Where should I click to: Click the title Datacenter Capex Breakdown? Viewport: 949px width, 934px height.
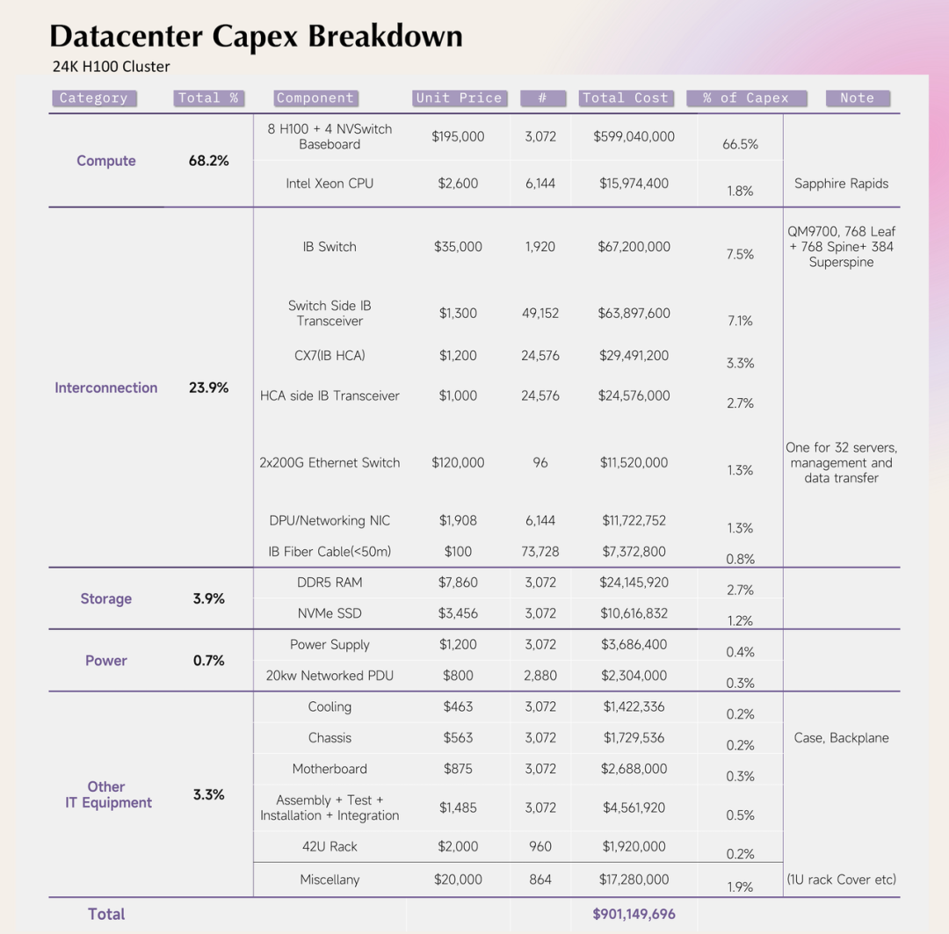[x=256, y=37]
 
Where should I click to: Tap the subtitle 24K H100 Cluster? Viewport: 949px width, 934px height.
[x=111, y=67]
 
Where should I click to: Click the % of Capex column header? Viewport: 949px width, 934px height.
[x=745, y=98]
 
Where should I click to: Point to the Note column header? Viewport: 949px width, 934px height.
[x=857, y=98]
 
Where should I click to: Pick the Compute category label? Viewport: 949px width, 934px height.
[x=106, y=161]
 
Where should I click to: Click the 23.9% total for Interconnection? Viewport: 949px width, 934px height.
[x=208, y=387]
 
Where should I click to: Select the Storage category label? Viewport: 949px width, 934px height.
[x=106, y=598]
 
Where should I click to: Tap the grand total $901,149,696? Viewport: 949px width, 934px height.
[x=634, y=914]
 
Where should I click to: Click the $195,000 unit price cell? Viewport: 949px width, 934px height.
[x=458, y=136]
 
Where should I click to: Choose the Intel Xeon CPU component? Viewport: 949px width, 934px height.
[x=330, y=184]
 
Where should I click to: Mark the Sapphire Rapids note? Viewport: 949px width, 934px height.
[x=841, y=184]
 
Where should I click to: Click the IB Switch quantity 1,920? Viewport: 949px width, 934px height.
[x=540, y=247]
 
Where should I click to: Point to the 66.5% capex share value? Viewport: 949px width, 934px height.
[x=740, y=144]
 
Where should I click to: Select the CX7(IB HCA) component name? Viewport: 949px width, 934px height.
[x=330, y=356]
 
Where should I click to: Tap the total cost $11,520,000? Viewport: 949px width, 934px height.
[x=634, y=463]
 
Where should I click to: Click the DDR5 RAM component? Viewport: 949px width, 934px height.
[x=330, y=583]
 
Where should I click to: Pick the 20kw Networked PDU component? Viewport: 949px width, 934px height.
[x=330, y=676]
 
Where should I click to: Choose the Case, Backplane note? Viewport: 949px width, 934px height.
[x=841, y=738]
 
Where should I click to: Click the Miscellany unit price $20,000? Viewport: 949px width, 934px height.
[x=458, y=880]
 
